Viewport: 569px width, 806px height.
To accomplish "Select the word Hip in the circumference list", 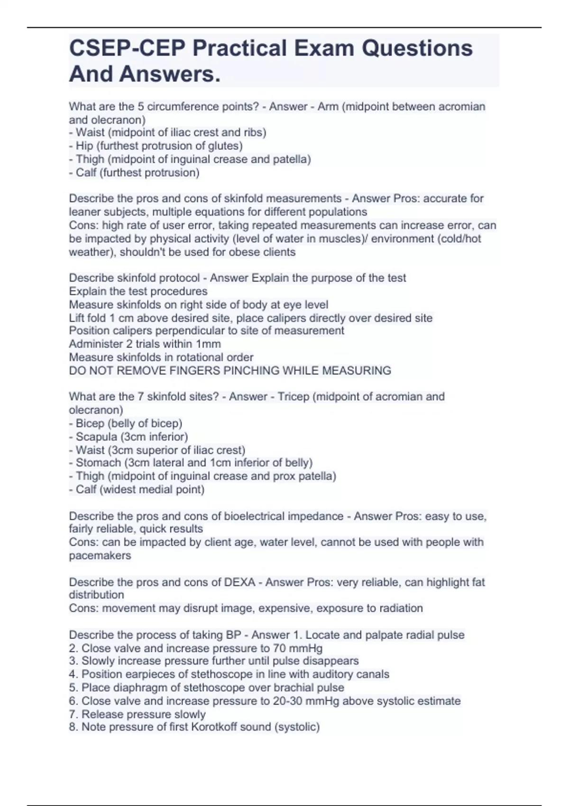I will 84,146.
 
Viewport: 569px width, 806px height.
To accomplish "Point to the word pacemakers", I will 100,556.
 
